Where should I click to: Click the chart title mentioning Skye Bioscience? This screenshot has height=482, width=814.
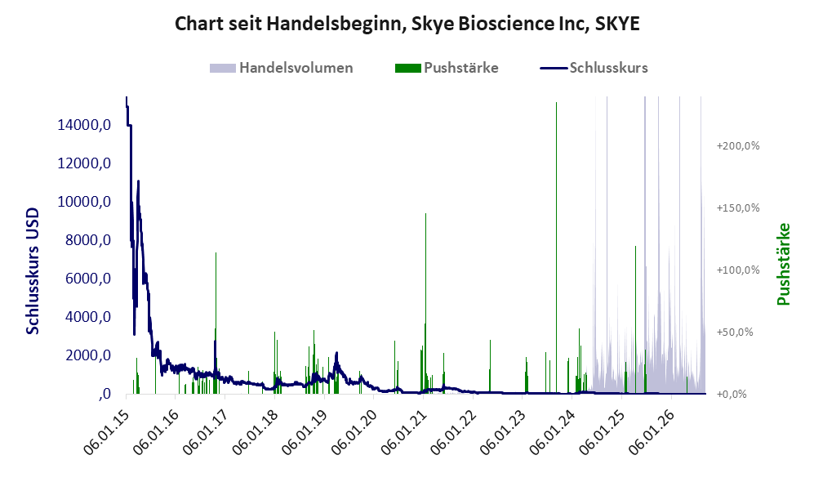[407, 24]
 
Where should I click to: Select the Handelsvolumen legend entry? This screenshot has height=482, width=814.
[282, 68]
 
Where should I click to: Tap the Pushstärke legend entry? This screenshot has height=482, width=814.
[447, 68]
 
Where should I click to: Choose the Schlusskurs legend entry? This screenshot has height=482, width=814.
[594, 68]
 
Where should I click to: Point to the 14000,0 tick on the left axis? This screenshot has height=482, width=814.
[84, 125]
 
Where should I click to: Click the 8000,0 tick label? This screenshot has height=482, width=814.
[88, 240]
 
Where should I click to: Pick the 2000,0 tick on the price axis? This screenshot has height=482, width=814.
[88, 356]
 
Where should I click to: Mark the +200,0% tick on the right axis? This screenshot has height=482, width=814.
[738, 146]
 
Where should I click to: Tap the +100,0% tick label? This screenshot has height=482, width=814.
[738, 270]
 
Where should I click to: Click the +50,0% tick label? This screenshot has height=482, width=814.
[735, 332]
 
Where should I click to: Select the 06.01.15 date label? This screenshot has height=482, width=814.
[106, 432]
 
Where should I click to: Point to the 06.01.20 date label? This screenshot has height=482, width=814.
[354, 432]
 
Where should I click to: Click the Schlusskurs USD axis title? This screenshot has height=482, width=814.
[33, 271]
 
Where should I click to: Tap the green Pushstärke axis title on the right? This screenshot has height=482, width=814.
[783, 265]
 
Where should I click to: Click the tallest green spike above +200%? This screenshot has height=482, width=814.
[557, 248]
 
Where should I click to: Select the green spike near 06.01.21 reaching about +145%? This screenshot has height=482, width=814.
[425, 303]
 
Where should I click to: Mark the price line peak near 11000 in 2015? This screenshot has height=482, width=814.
[138, 181]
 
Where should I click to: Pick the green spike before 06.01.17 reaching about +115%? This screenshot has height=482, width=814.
[216, 323]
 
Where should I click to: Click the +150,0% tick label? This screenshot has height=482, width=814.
[738, 208]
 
